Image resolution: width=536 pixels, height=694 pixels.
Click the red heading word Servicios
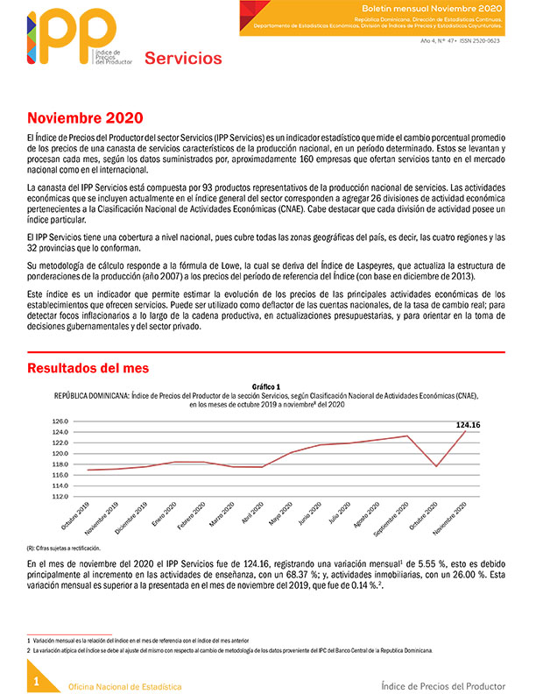tap(183, 59)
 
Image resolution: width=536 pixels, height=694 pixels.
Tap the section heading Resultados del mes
tap(88, 367)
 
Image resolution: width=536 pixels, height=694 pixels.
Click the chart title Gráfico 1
tap(266, 386)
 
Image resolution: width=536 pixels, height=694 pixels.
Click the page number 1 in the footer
tap(36, 681)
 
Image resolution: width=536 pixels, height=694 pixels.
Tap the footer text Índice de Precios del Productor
tap(448, 683)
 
